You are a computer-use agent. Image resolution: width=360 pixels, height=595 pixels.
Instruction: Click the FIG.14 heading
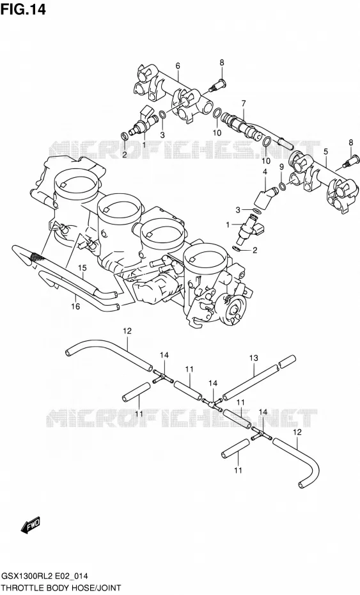[x=23, y=9]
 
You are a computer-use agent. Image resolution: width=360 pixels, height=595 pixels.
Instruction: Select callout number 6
[x=178, y=66]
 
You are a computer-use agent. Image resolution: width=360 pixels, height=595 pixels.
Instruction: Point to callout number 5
[x=325, y=152]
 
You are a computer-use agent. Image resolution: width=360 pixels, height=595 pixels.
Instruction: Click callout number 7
[x=243, y=103]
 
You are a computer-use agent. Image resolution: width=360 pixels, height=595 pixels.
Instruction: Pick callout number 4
[x=265, y=172]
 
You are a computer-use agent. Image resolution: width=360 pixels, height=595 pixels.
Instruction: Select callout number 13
[x=253, y=358]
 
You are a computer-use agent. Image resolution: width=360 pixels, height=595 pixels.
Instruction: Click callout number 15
[x=82, y=268]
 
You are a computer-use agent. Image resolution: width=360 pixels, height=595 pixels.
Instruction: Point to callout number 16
[x=75, y=306]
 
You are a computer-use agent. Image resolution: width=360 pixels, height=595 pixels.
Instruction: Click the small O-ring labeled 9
[x=281, y=186]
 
